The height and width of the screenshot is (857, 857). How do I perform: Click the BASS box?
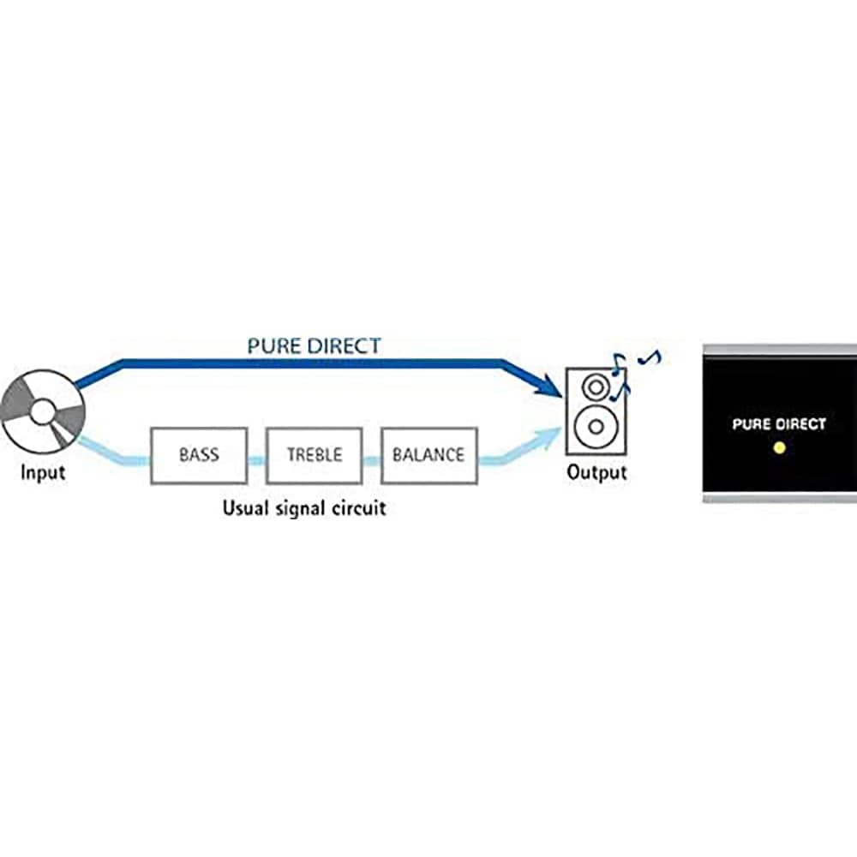(x=198, y=455)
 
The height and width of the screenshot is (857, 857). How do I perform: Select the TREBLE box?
(x=315, y=455)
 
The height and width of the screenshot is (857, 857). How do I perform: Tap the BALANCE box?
(x=428, y=455)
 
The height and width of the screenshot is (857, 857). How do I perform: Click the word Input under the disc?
(x=43, y=471)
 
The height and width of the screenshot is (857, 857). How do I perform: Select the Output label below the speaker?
(x=596, y=472)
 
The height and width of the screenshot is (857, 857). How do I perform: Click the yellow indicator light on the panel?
(x=779, y=448)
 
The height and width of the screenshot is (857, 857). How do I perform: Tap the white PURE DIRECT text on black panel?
(x=779, y=424)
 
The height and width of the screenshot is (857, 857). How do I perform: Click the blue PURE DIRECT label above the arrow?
(x=315, y=346)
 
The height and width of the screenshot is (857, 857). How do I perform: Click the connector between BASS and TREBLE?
(x=256, y=460)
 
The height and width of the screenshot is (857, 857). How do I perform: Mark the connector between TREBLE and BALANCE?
(x=371, y=460)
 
